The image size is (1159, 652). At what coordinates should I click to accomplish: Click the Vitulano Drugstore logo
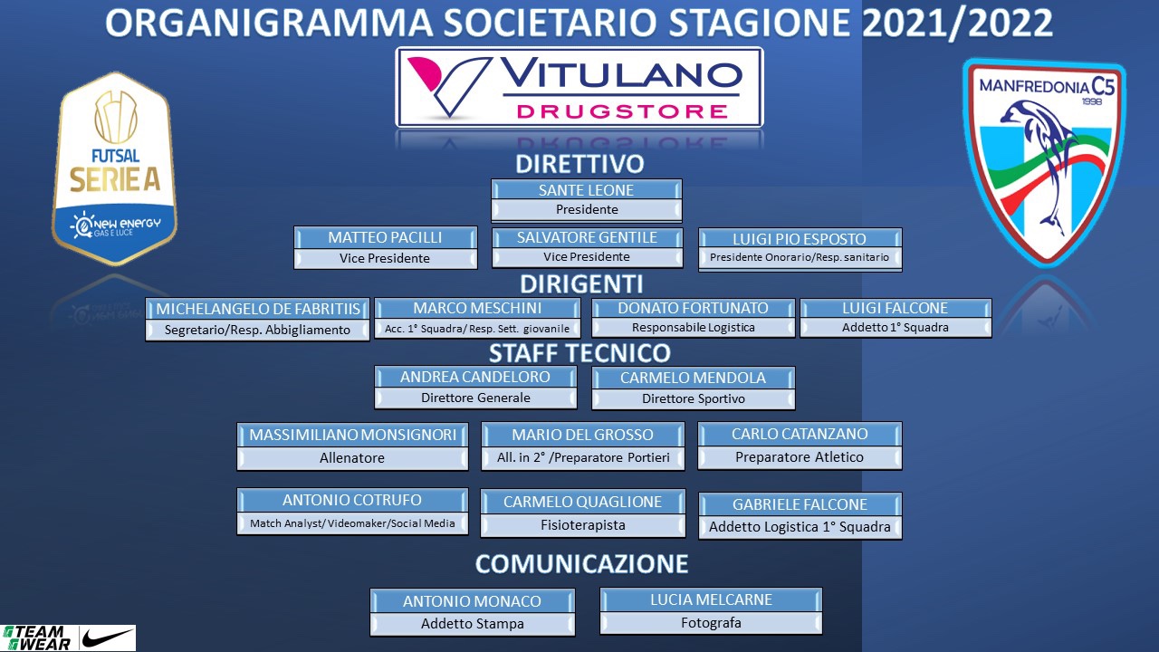click(x=579, y=87)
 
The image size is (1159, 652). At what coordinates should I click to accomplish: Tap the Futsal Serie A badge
click(x=114, y=168)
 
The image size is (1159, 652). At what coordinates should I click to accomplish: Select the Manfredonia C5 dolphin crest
click(x=1044, y=162)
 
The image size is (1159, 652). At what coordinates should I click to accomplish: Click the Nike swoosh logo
click(x=107, y=638)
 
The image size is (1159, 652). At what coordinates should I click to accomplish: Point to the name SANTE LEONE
click(x=586, y=190)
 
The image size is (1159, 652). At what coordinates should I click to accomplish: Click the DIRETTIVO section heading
click(x=579, y=164)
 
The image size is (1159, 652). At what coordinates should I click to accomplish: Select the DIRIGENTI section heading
click(x=581, y=284)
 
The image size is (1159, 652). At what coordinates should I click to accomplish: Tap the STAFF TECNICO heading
click(x=580, y=353)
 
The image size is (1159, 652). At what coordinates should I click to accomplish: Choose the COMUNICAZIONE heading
click(x=581, y=563)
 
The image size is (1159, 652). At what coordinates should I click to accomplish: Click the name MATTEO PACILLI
click(x=385, y=237)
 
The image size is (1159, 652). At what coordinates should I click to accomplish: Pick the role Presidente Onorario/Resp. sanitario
click(x=800, y=257)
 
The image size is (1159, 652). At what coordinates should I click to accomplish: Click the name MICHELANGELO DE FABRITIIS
click(x=258, y=309)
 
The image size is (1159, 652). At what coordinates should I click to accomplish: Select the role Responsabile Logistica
click(x=694, y=328)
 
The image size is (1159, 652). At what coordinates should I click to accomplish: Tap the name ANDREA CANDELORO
click(x=475, y=377)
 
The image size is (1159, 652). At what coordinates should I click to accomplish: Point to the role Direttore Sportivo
click(x=694, y=398)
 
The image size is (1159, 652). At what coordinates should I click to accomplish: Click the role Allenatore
click(x=352, y=458)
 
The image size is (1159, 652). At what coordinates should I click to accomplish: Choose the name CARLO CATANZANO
click(x=800, y=434)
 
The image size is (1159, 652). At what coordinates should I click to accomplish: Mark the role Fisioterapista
click(x=583, y=525)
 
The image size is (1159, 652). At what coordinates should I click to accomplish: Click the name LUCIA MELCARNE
click(x=711, y=599)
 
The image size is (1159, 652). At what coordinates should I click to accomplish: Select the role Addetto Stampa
click(x=473, y=624)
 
